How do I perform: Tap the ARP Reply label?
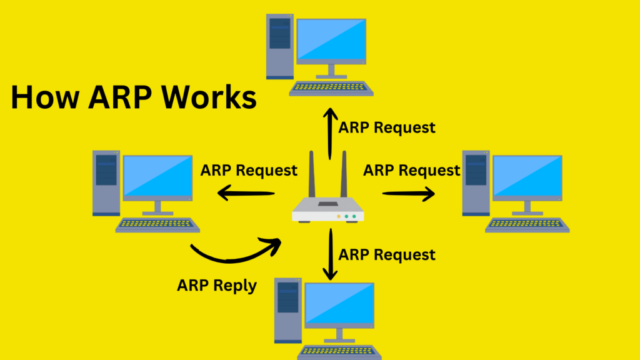coord(217,286)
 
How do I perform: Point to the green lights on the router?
coord(350,217)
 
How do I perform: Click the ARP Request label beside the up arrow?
coord(387,127)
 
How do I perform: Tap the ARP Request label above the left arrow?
coord(249,171)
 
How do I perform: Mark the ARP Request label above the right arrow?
coord(412,170)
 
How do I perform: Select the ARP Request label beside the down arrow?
coord(387,254)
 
